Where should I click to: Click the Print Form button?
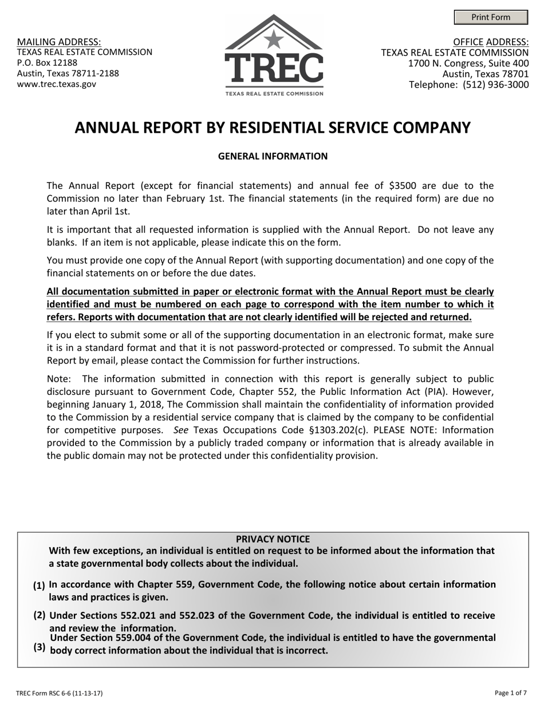tap(491, 17)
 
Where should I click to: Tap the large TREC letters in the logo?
tap(274, 69)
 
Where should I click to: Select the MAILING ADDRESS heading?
tap(59, 42)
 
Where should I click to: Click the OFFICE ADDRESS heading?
tap(491, 42)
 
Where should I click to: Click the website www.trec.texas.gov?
tap(57, 84)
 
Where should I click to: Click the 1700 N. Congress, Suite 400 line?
tap(468, 63)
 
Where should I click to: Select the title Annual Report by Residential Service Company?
tap(273, 128)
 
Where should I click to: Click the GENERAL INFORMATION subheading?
tap(273, 156)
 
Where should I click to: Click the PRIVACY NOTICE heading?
tap(273, 539)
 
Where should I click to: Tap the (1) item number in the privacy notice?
tap(39, 586)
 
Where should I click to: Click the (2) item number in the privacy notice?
tap(39, 615)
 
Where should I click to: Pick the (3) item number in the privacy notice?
tap(39, 647)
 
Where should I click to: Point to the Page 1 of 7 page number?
tap(511, 693)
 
